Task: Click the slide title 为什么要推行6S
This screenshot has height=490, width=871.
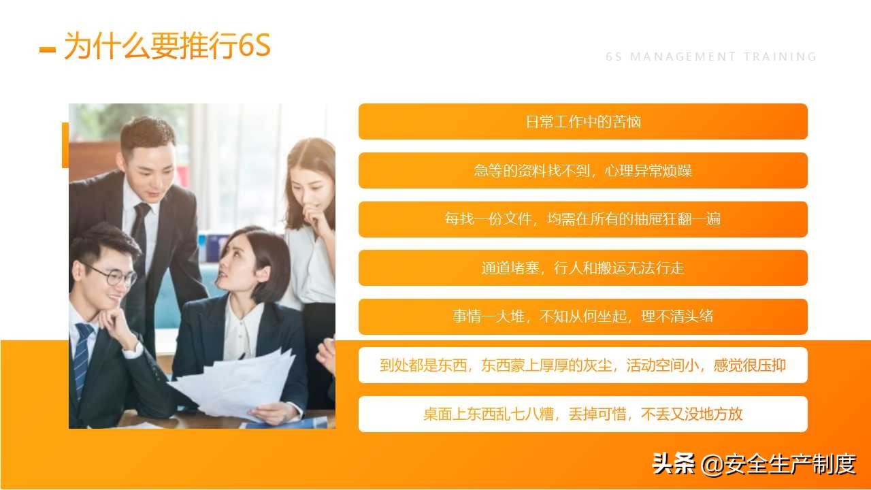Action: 167,46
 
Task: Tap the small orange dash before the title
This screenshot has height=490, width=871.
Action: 48,49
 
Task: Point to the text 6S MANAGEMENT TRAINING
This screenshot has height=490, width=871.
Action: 711,57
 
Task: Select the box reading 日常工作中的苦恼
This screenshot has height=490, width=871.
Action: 582,122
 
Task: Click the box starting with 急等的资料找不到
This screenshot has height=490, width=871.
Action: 582,171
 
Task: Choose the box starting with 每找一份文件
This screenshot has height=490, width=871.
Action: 582,219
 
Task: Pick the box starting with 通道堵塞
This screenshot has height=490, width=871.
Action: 582,268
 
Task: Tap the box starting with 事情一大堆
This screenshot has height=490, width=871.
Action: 582,316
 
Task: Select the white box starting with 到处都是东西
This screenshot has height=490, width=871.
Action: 582,365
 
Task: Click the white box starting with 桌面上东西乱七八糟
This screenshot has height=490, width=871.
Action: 582,414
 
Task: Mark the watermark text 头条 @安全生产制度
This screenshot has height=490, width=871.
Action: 753,464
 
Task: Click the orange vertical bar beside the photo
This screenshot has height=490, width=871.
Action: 65,145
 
